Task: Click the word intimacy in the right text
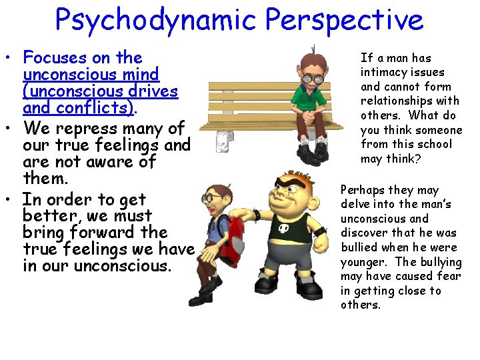(384, 72)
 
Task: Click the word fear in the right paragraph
(447, 276)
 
